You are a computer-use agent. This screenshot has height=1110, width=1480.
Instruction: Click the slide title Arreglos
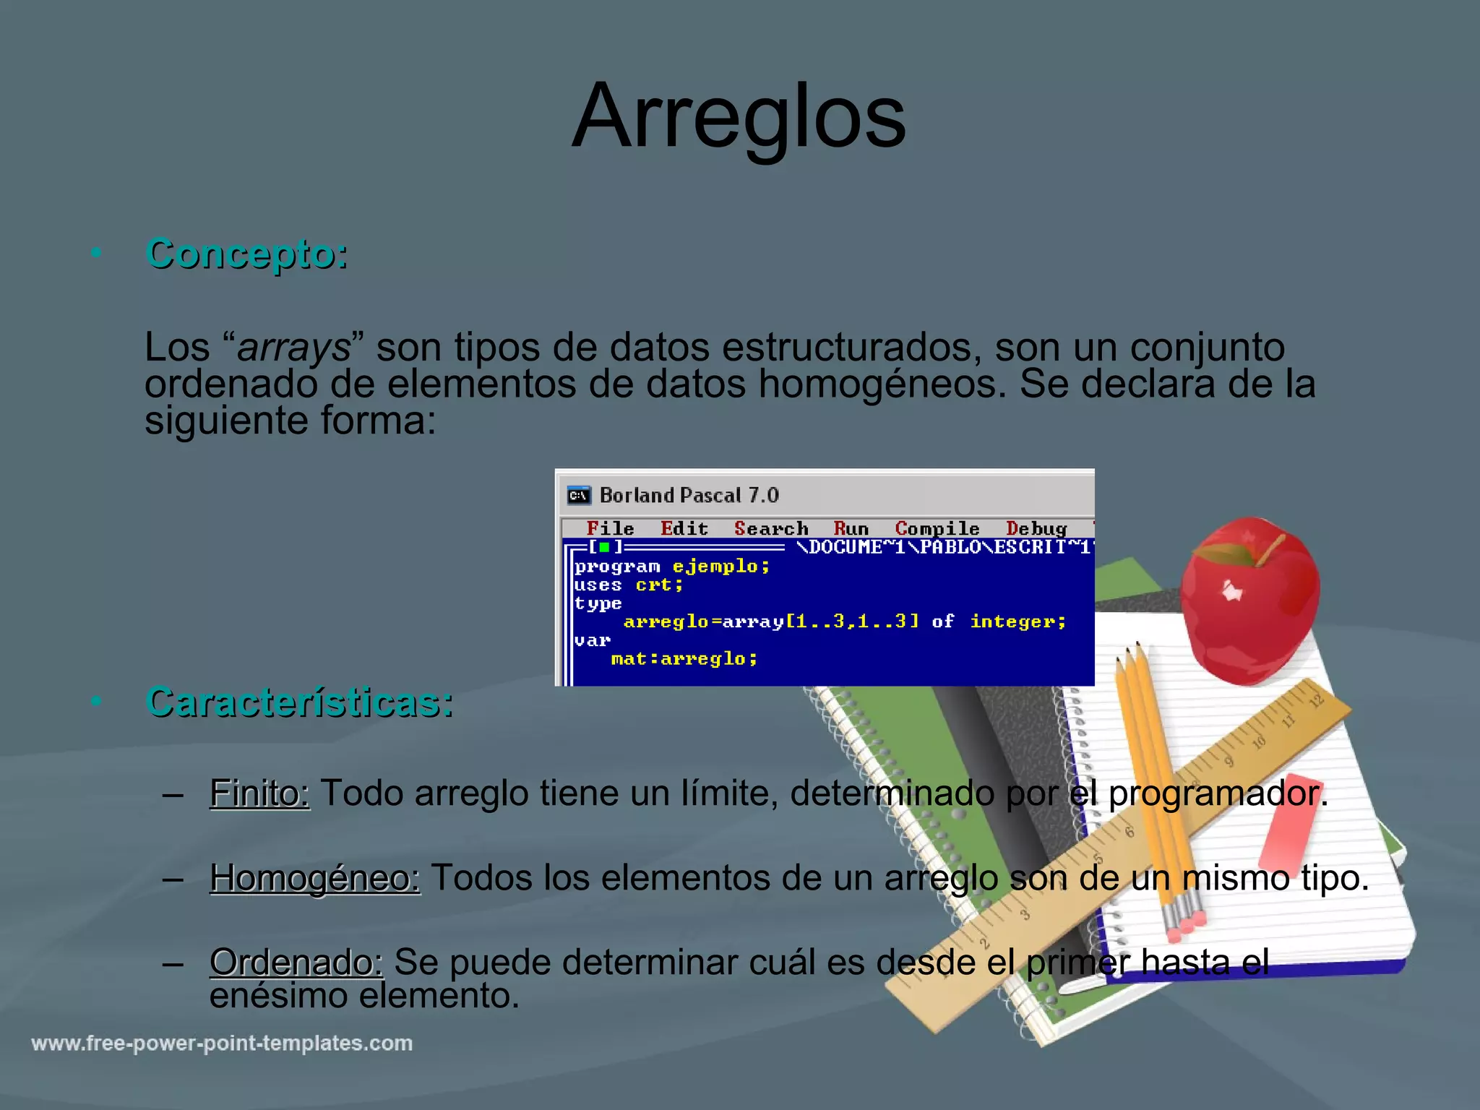point(739,117)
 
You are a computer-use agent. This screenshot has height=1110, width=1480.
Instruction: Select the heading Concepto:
point(246,254)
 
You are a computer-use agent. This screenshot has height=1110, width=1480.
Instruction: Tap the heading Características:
point(299,702)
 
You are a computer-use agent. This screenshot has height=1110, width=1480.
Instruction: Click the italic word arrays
point(293,348)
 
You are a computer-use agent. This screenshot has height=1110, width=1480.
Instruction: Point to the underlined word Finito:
point(259,793)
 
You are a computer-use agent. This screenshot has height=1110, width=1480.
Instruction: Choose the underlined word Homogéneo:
point(314,878)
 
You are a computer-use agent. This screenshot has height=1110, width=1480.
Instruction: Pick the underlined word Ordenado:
point(296,962)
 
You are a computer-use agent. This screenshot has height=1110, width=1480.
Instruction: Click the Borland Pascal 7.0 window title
point(689,495)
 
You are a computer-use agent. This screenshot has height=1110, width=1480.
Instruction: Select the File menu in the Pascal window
point(610,528)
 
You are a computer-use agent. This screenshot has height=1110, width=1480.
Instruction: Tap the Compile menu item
point(937,528)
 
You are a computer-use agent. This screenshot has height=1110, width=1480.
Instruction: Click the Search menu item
point(770,528)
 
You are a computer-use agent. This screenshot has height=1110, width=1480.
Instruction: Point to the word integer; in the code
point(1017,621)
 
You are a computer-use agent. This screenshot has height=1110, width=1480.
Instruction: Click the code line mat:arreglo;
point(684,658)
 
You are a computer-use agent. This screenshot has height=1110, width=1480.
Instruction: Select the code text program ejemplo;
point(672,566)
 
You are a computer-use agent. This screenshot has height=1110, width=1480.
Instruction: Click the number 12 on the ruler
point(1316,700)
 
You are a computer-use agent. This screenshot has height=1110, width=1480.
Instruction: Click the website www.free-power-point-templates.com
point(222,1044)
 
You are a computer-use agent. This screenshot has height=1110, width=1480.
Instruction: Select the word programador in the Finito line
point(1215,793)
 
